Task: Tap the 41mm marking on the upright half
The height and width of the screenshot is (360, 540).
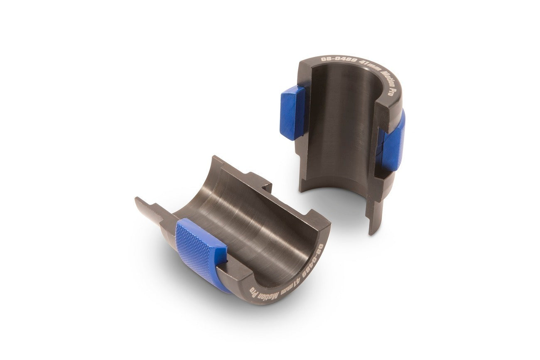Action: coord(371,65)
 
